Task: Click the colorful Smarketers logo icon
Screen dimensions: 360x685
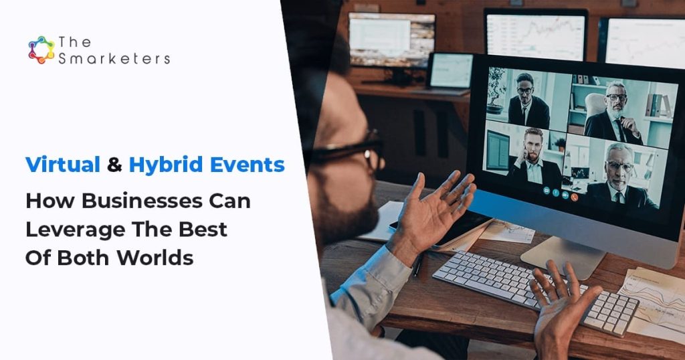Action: click(41, 50)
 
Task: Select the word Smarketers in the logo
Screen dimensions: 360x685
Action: click(114, 59)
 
